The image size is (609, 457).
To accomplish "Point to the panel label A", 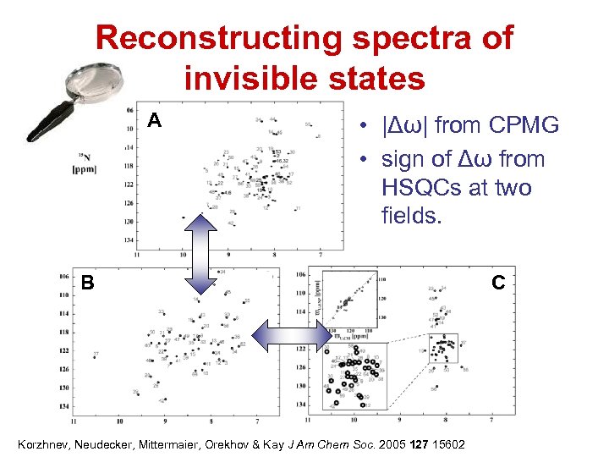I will point(154,121).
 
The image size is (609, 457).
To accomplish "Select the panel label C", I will point(498,283).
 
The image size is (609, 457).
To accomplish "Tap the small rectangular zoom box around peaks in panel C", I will point(442,348).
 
